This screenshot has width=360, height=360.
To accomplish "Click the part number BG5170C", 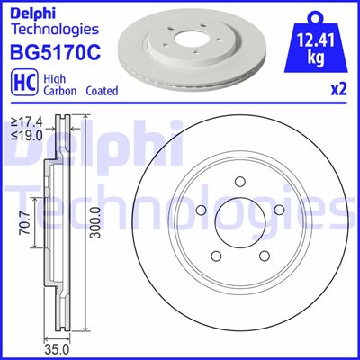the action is pyautogui.click(x=56, y=51).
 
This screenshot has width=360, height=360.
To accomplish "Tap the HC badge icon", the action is pyautogui.click(x=24, y=83).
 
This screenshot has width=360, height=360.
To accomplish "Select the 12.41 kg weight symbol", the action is pyautogui.click(x=316, y=41).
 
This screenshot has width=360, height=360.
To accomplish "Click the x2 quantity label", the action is pyautogui.click(x=339, y=90).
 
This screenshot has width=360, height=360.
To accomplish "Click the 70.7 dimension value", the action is pyautogui.click(x=25, y=223).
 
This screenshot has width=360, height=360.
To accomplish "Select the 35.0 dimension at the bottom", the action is pyautogui.click(x=57, y=349).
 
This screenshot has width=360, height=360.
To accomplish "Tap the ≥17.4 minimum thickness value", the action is pyautogui.click(x=27, y=122).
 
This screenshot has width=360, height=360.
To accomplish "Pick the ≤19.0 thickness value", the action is pyautogui.click(x=27, y=136).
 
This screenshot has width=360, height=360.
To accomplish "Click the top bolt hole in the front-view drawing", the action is pyautogui.click(x=240, y=182).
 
